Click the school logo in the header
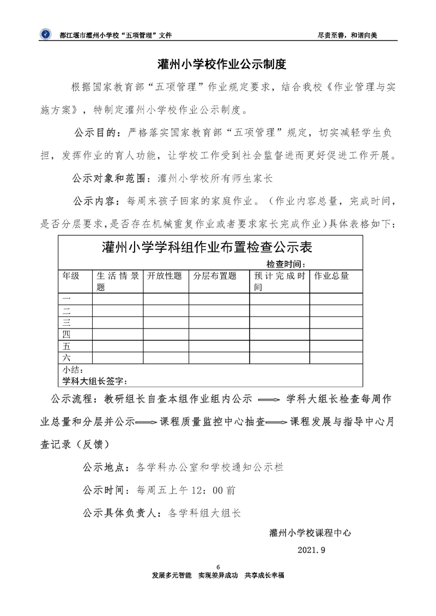[44, 34]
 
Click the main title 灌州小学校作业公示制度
[217, 64]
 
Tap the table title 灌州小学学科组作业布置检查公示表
[207, 248]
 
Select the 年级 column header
[70, 276]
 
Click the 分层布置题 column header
[215, 276]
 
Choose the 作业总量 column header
[331, 276]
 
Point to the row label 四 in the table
[66, 334]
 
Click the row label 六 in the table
[66, 358]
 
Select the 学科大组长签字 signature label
[95, 380]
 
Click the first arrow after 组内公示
[269, 399]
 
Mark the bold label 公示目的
[96, 132]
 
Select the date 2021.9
[311, 550]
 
